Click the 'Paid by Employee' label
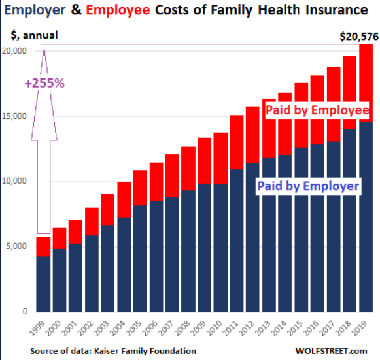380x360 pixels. pyautogui.click(x=317, y=110)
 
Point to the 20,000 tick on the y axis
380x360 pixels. pyautogui.click(x=15, y=51)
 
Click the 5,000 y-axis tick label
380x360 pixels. pyautogui.click(x=17, y=246)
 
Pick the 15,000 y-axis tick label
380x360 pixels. pyautogui.click(x=15, y=116)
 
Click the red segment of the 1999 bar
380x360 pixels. pyautogui.click(x=43, y=247)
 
